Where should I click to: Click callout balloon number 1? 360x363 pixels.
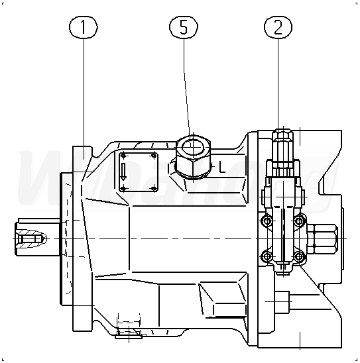(84, 27)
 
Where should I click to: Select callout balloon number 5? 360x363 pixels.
(184, 27)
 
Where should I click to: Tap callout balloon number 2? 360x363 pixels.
(278, 27)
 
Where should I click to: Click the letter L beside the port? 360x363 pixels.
(222, 168)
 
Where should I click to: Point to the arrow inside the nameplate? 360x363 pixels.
(123, 172)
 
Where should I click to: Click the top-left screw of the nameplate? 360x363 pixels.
(123, 156)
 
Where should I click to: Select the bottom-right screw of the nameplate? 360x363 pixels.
(154, 189)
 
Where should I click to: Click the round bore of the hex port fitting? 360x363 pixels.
(193, 147)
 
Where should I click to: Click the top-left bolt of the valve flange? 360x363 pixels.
(267, 221)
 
